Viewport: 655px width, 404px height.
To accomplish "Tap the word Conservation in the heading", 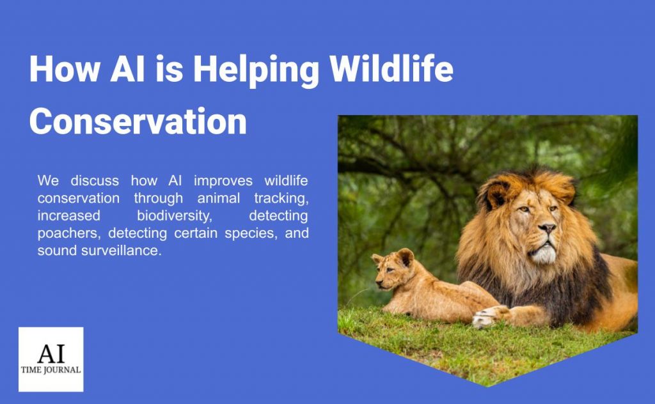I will click(x=138, y=121).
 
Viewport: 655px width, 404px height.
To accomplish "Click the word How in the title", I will click(x=63, y=68).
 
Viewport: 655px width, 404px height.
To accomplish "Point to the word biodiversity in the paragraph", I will click(x=174, y=216).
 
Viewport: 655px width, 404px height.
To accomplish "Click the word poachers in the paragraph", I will click(x=64, y=233).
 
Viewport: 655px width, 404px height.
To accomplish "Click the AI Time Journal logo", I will click(x=51, y=359).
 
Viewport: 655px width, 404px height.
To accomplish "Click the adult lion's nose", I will click(x=546, y=228).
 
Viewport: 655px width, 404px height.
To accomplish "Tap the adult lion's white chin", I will click(x=543, y=254).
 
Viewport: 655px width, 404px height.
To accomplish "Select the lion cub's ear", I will click(x=405, y=257).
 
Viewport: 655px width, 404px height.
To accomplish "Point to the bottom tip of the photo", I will click(x=487, y=385).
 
